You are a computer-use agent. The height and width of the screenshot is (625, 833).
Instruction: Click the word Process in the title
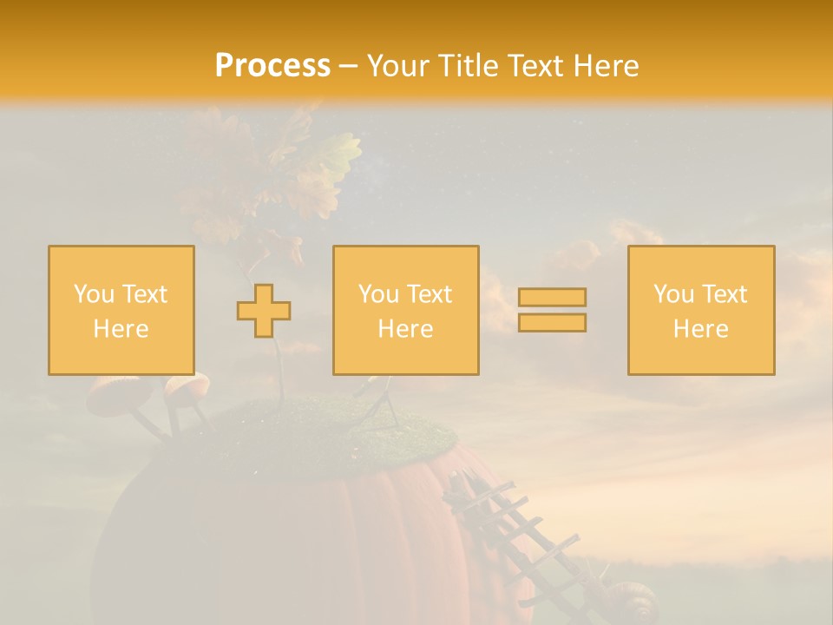pos(272,66)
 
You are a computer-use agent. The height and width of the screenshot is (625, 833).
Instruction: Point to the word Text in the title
pos(540,66)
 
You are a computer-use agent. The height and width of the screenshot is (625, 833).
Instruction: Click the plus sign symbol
pos(264,311)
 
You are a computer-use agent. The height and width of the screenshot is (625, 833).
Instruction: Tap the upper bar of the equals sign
pos(552,297)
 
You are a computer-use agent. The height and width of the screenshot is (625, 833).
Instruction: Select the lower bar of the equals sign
pos(552,323)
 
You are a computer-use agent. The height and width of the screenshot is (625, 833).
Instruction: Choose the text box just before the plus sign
pos(121,311)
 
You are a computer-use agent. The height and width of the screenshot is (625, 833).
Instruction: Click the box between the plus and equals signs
pos(406,311)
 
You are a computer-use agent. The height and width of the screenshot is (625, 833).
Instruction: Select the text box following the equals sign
pos(701,311)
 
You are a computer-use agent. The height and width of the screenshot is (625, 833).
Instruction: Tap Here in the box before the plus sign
pos(121,329)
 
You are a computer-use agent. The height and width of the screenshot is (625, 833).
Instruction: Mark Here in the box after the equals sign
pos(701,329)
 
